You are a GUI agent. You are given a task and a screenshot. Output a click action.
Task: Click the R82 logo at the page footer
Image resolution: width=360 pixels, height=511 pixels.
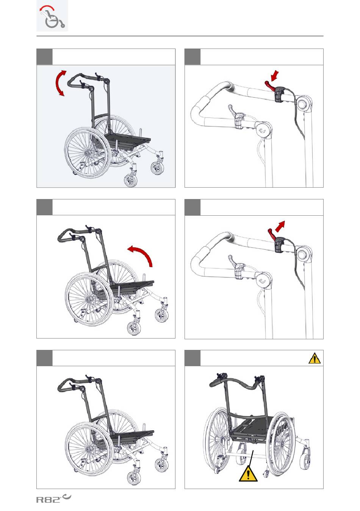point(53,498)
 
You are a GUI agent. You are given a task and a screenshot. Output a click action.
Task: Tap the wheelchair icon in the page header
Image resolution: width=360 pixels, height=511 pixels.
point(52,16)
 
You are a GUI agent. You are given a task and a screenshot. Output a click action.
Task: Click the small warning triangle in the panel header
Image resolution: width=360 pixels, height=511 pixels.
point(315,358)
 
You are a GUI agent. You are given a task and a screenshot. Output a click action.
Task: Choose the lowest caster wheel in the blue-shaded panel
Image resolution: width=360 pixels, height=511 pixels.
point(131,180)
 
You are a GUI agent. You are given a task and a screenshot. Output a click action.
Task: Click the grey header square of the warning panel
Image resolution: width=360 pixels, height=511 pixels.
point(193,358)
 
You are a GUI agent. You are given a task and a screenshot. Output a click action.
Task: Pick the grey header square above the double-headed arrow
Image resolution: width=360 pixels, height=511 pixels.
point(44,57)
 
